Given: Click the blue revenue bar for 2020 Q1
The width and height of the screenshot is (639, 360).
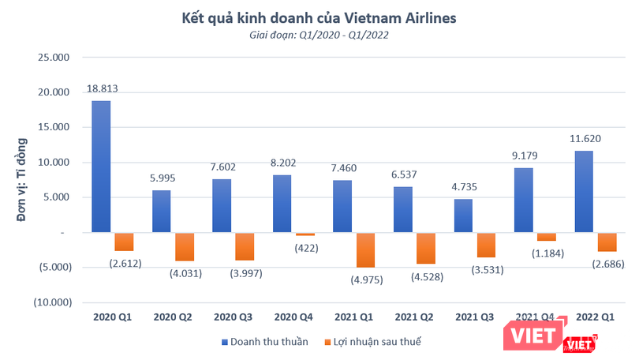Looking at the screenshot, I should coord(101,167).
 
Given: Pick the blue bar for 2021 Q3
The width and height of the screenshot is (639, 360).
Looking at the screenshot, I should coord(463,216).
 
